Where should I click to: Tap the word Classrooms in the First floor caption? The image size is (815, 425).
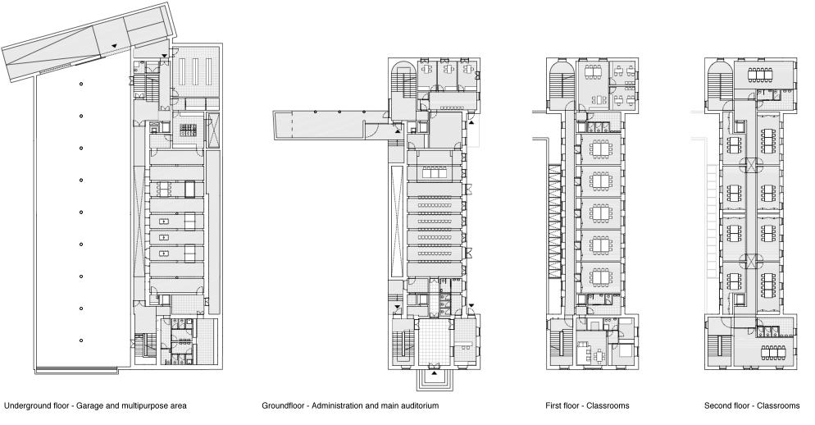pyautogui.click(x=608, y=406)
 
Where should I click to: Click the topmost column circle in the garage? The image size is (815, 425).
pyautogui.click(x=81, y=84)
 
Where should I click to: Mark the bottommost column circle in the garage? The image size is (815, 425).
pyautogui.click(x=81, y=340)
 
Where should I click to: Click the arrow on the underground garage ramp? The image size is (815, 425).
pyautogui.click(x=113, y=46)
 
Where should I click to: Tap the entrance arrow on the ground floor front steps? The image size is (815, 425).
pyautogui.click(x=434, y=373)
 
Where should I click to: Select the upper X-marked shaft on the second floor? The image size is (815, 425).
pyautogui.click(x=750, y=165)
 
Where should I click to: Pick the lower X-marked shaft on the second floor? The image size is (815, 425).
pyautogui.click(x=750, y=261)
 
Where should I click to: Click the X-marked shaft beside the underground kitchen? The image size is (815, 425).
pyautogui.click(x=212, y=129)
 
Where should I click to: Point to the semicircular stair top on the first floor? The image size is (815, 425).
pyautogui.click(x=560, y=67)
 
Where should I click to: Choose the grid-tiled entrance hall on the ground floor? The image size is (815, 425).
pyautogui.click(x=434, y=342)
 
